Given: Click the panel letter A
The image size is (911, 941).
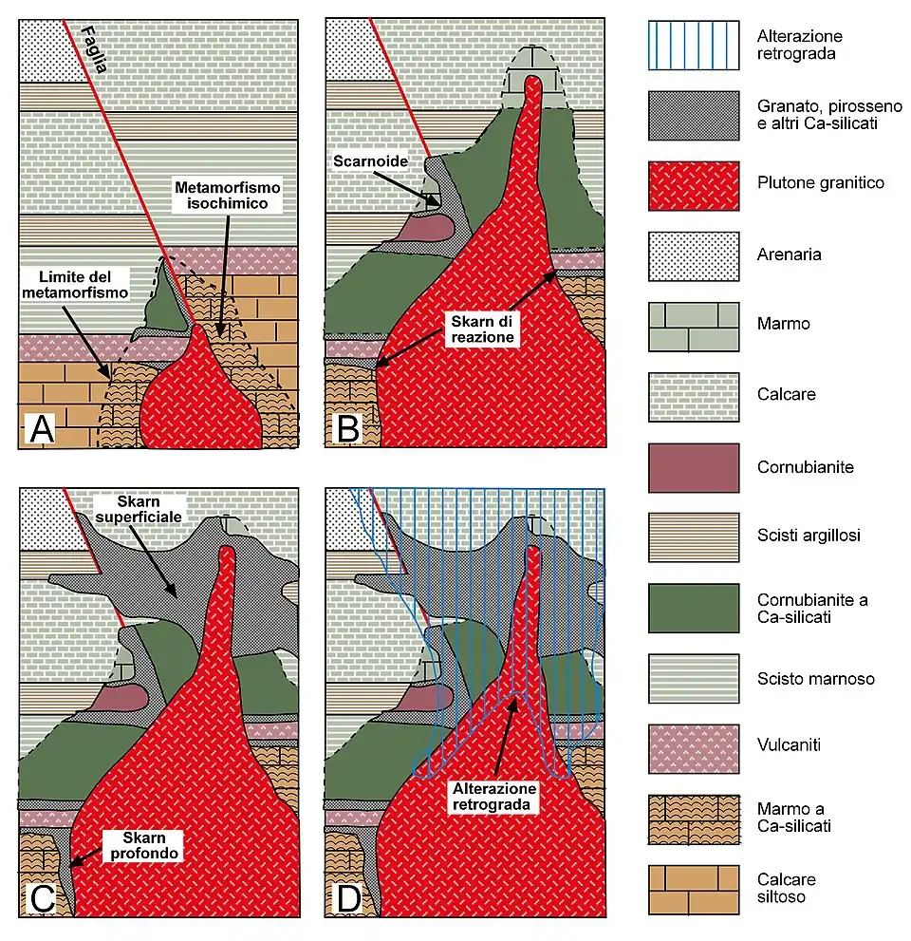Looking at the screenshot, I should coord(43,429).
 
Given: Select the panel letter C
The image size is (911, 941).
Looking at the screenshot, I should coord(43,897).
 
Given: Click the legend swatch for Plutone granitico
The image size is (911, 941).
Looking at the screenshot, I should coord(694,184).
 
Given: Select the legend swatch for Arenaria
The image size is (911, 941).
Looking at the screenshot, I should coord(694,254).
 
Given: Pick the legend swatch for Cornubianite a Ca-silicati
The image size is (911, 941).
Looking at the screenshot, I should coord(694,608).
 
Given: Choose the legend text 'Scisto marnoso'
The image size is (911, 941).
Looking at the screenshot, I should coord(815,679).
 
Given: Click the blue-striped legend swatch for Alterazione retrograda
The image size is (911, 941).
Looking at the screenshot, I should coord(694,45).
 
